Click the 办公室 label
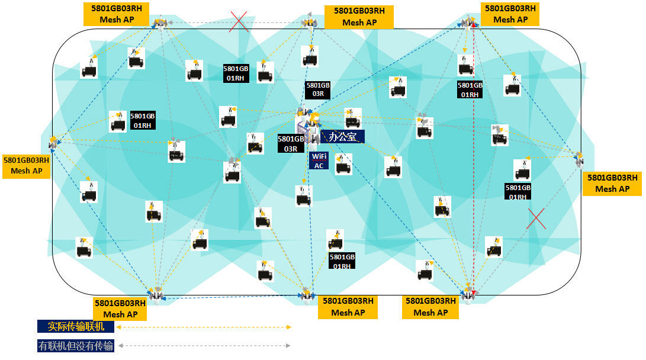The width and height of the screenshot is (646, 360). pyautogui.click(x=342, y=136)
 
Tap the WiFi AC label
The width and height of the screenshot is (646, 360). pyautogui.click(x=319, y=160)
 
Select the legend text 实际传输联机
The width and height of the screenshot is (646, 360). pyautogui.click(x=76, y=326)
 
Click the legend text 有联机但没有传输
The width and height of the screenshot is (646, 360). pyautogui.click(x=76, y=346)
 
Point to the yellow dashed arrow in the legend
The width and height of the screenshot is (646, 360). pyautogui.click(x=204, y=327)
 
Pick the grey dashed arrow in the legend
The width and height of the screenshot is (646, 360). pyautogui.click(x=204, y=346)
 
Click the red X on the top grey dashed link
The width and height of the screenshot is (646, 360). pyautogui.click(x=239, y=21)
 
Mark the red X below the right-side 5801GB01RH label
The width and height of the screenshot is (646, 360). pyautogui.click(x=536, y=218)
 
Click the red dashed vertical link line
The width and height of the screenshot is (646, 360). pyautogui.click(x=474, y=159)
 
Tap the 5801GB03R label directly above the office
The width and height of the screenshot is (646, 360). pyautogui.click(x=317, y=89)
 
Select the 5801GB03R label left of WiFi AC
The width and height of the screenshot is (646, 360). pyautogui.click(x=291, y=144)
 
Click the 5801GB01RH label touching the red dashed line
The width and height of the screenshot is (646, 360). pyautogui.click(x=470, y=90)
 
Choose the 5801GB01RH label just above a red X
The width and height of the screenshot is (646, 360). pyautogui.click(x=518, y=191)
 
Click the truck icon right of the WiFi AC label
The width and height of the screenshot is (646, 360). pyautogui.click(x=343, y=164)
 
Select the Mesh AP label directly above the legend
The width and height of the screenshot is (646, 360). pyautogui.click(x=120, y=308)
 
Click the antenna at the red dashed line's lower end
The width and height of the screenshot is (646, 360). pyautogui.click(x=468, y=294)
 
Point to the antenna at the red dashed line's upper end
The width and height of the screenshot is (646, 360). pyautogui.click(x=468, y=22)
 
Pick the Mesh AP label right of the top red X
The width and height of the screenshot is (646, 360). pyautogui.click(x=359, y=17)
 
